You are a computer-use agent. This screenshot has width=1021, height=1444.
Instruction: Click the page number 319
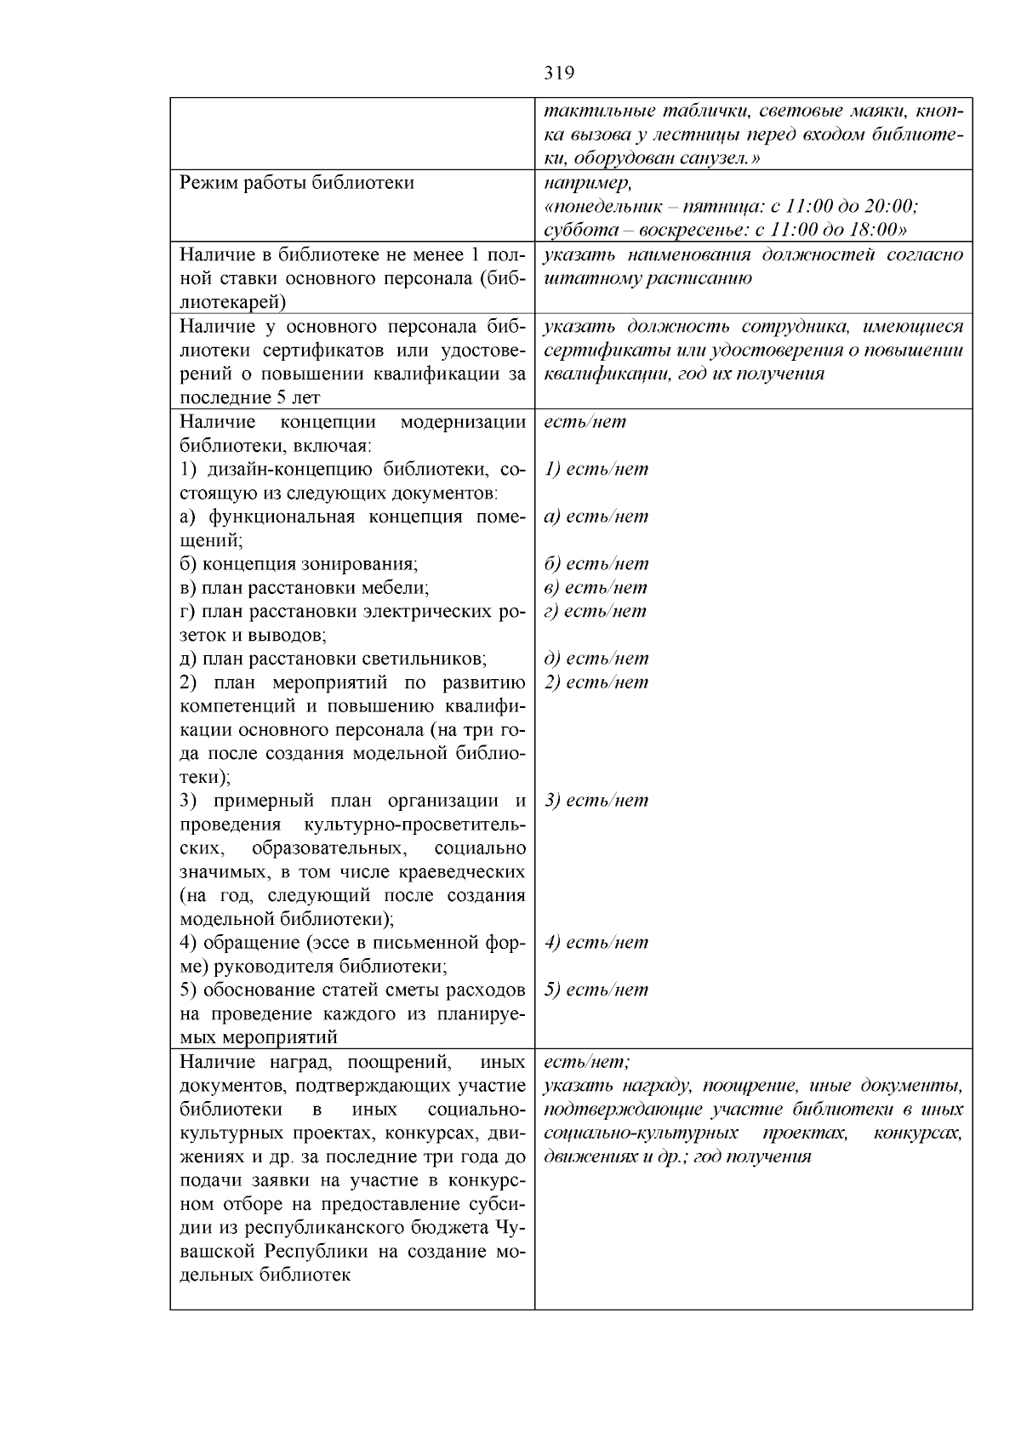[x=559, y=73]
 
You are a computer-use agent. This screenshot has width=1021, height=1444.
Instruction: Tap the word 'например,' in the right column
[x=587, y=183]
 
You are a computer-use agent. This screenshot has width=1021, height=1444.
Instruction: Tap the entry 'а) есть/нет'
[x=596, y=517]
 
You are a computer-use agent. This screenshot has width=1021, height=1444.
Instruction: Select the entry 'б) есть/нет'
[x=596, y=564]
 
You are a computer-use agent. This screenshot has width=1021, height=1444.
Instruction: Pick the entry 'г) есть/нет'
[x=595, y=611]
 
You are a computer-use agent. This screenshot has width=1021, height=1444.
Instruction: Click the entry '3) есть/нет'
[x=596, y=801]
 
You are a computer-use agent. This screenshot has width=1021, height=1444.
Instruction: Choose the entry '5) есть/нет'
[x=596, y=990]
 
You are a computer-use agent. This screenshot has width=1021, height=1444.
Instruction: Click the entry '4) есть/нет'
[x=596, y=943]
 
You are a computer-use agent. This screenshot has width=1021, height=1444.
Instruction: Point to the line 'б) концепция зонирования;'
[x=299, y=564]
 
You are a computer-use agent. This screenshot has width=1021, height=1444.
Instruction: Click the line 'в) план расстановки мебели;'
[x=305, y=588]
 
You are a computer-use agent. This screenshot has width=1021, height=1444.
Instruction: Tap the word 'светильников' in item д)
[x=428, y=659]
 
